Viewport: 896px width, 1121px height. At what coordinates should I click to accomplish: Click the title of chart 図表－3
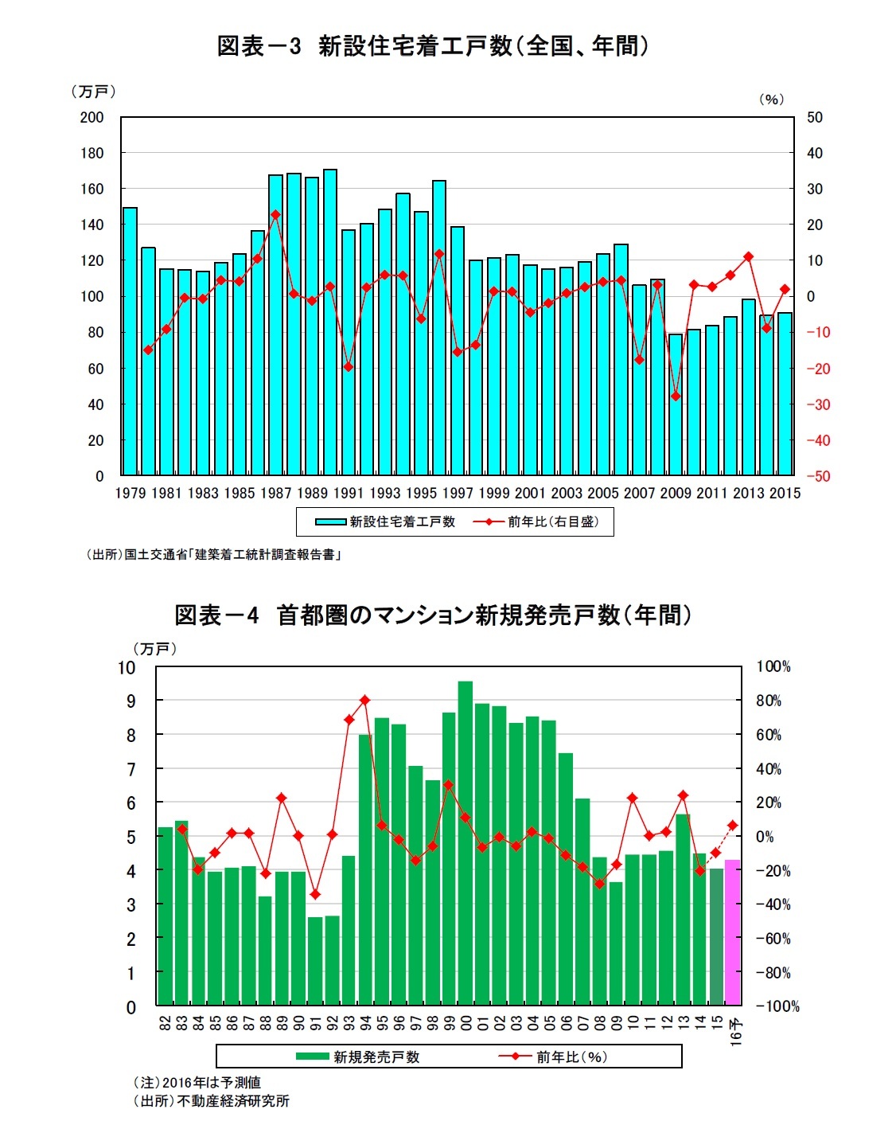(x=434, y=46)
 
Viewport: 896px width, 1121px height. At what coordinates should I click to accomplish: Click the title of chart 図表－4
(x=434, y=615)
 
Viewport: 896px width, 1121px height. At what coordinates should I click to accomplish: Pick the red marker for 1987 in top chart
(x=275, y=214)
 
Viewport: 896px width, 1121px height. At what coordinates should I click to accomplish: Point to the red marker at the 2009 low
(x=676, y=396)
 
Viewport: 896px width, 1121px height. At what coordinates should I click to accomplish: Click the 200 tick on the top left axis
(x=92, y=117)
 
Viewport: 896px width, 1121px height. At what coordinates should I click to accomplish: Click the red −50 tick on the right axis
(x=818, y=476)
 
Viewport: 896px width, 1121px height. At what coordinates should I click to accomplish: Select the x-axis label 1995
(x=421, y=494)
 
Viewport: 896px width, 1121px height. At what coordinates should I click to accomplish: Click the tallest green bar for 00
(x=466, y=842)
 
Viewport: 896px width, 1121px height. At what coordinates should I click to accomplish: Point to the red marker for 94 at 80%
(x=364, y=700)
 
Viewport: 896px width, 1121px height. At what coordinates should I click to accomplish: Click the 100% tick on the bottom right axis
(x=773, y=666)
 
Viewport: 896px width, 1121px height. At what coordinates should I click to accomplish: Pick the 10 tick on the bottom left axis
(x=127, y=667)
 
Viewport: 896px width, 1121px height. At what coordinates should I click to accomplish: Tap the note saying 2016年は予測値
(x=197, y=1083)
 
